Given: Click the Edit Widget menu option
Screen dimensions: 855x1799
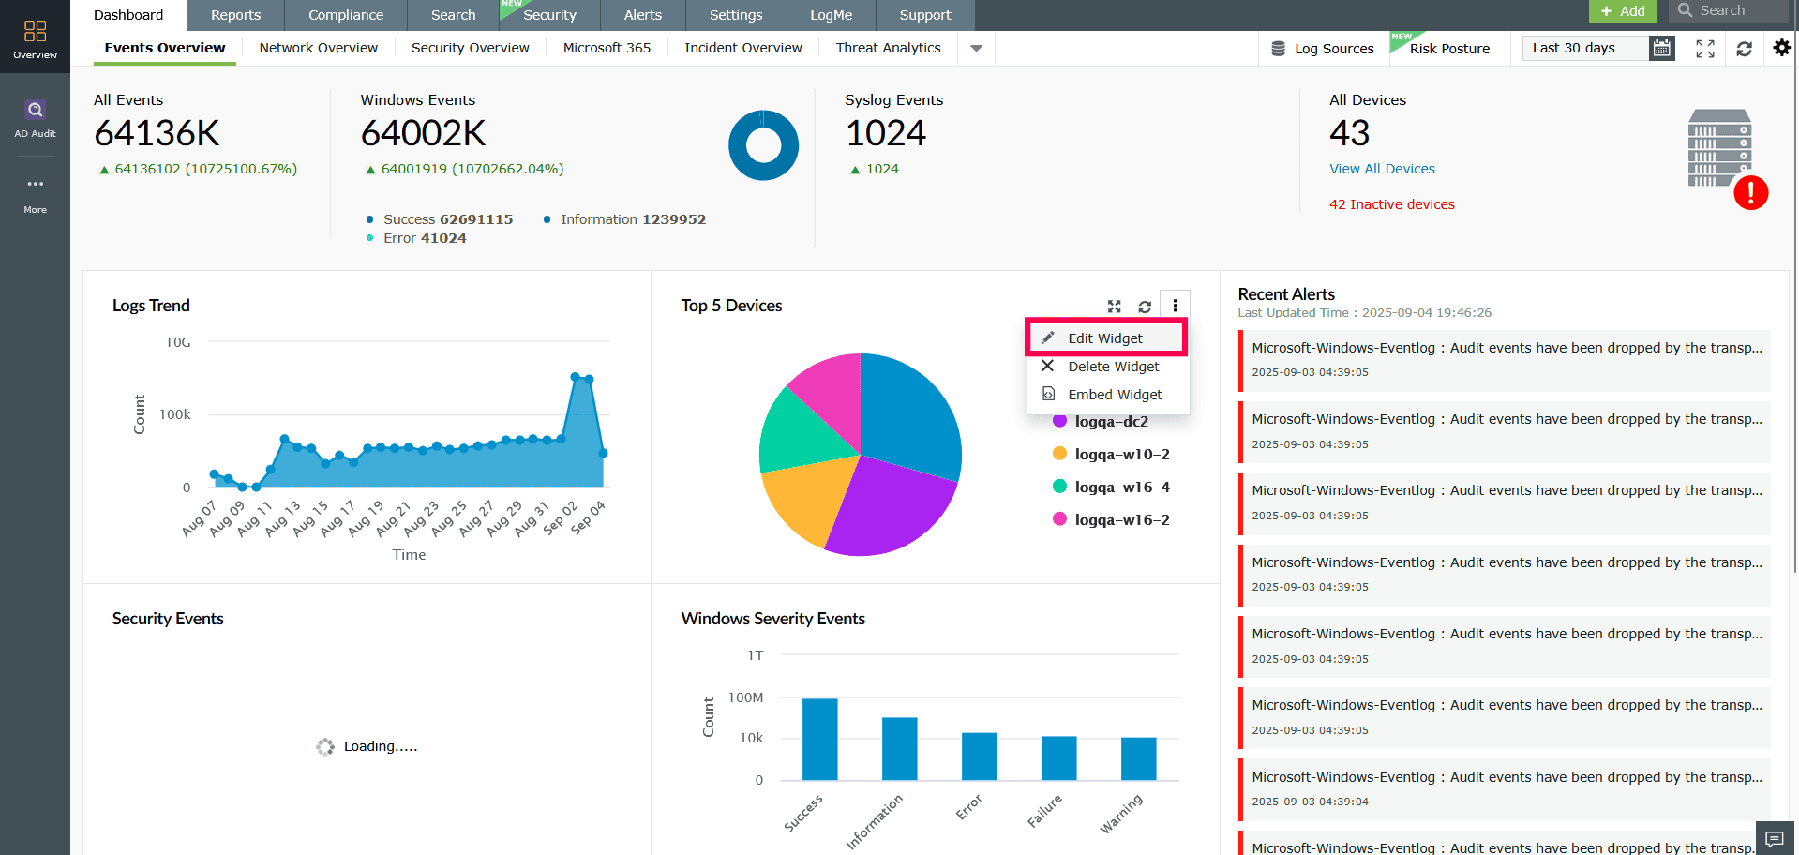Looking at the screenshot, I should [1105, 338].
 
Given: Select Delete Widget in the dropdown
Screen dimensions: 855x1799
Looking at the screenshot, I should [1113, 367].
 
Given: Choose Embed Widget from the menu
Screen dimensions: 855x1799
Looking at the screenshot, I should [1114, 395].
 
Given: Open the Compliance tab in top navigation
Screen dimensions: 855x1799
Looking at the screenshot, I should [346, 15].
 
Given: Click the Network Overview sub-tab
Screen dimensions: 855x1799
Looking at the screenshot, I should [319, 48].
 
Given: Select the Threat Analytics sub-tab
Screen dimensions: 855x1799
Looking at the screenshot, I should [888, 48].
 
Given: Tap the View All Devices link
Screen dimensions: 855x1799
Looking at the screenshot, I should [1382, 169].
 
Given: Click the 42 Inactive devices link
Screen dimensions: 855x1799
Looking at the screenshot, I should [1391, 204].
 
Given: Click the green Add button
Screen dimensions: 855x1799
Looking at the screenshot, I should [1623, 11].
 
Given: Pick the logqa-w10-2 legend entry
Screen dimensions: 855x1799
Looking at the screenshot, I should [1121, 455].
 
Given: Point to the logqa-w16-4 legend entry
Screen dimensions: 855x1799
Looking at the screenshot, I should [1121, 487].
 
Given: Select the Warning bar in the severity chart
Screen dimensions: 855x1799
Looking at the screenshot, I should [1138, 758].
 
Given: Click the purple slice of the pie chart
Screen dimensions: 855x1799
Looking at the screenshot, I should [891, 506].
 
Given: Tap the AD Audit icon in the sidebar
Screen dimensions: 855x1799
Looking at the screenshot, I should [35, 118].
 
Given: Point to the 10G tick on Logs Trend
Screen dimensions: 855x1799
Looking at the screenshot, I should [178, 342].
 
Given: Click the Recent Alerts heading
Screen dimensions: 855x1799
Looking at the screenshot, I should [1286, 294].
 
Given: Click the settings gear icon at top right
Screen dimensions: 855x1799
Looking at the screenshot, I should [1781, 48].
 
